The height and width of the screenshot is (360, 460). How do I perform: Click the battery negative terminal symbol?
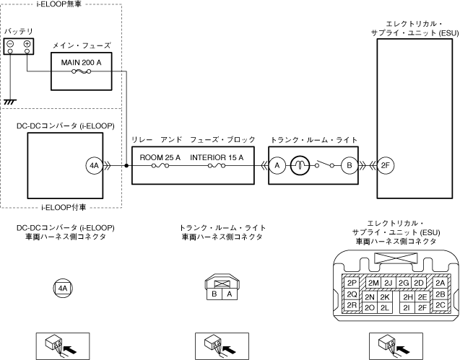tap(10, 44)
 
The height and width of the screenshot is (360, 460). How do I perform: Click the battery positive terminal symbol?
tap(27, 44)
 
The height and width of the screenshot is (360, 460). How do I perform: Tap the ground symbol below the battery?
tap(10, 102)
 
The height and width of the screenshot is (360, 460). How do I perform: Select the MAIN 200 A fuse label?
tap(82, 63)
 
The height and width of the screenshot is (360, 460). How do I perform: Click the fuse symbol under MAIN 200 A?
tap(82, 71)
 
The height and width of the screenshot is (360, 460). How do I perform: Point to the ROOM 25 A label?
tap(160, 158)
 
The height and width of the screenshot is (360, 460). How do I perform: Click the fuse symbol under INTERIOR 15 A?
tap(217, 166)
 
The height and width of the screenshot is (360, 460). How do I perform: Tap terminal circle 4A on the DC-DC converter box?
tap(94, 166)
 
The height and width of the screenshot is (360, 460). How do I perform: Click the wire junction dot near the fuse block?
tap(126, 166)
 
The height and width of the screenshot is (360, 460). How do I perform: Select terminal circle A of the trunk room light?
tap(277, 166)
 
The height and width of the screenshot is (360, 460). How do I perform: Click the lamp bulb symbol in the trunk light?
tap(300, 166)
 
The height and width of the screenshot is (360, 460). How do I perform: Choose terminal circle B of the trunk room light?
tap(350, 166)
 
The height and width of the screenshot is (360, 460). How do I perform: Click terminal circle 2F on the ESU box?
tap(385, 166)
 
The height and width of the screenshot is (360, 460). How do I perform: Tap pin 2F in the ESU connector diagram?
tap(422, 307)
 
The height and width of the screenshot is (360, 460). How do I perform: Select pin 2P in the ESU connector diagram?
tap(352, 283)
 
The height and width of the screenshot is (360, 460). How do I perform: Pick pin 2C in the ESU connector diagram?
tap(441, 305)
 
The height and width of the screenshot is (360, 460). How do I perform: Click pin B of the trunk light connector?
tap(214, 294)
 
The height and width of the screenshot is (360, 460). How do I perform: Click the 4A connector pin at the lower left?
tap(63, 289)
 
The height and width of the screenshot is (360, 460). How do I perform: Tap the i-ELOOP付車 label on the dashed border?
tap(64, 208)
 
